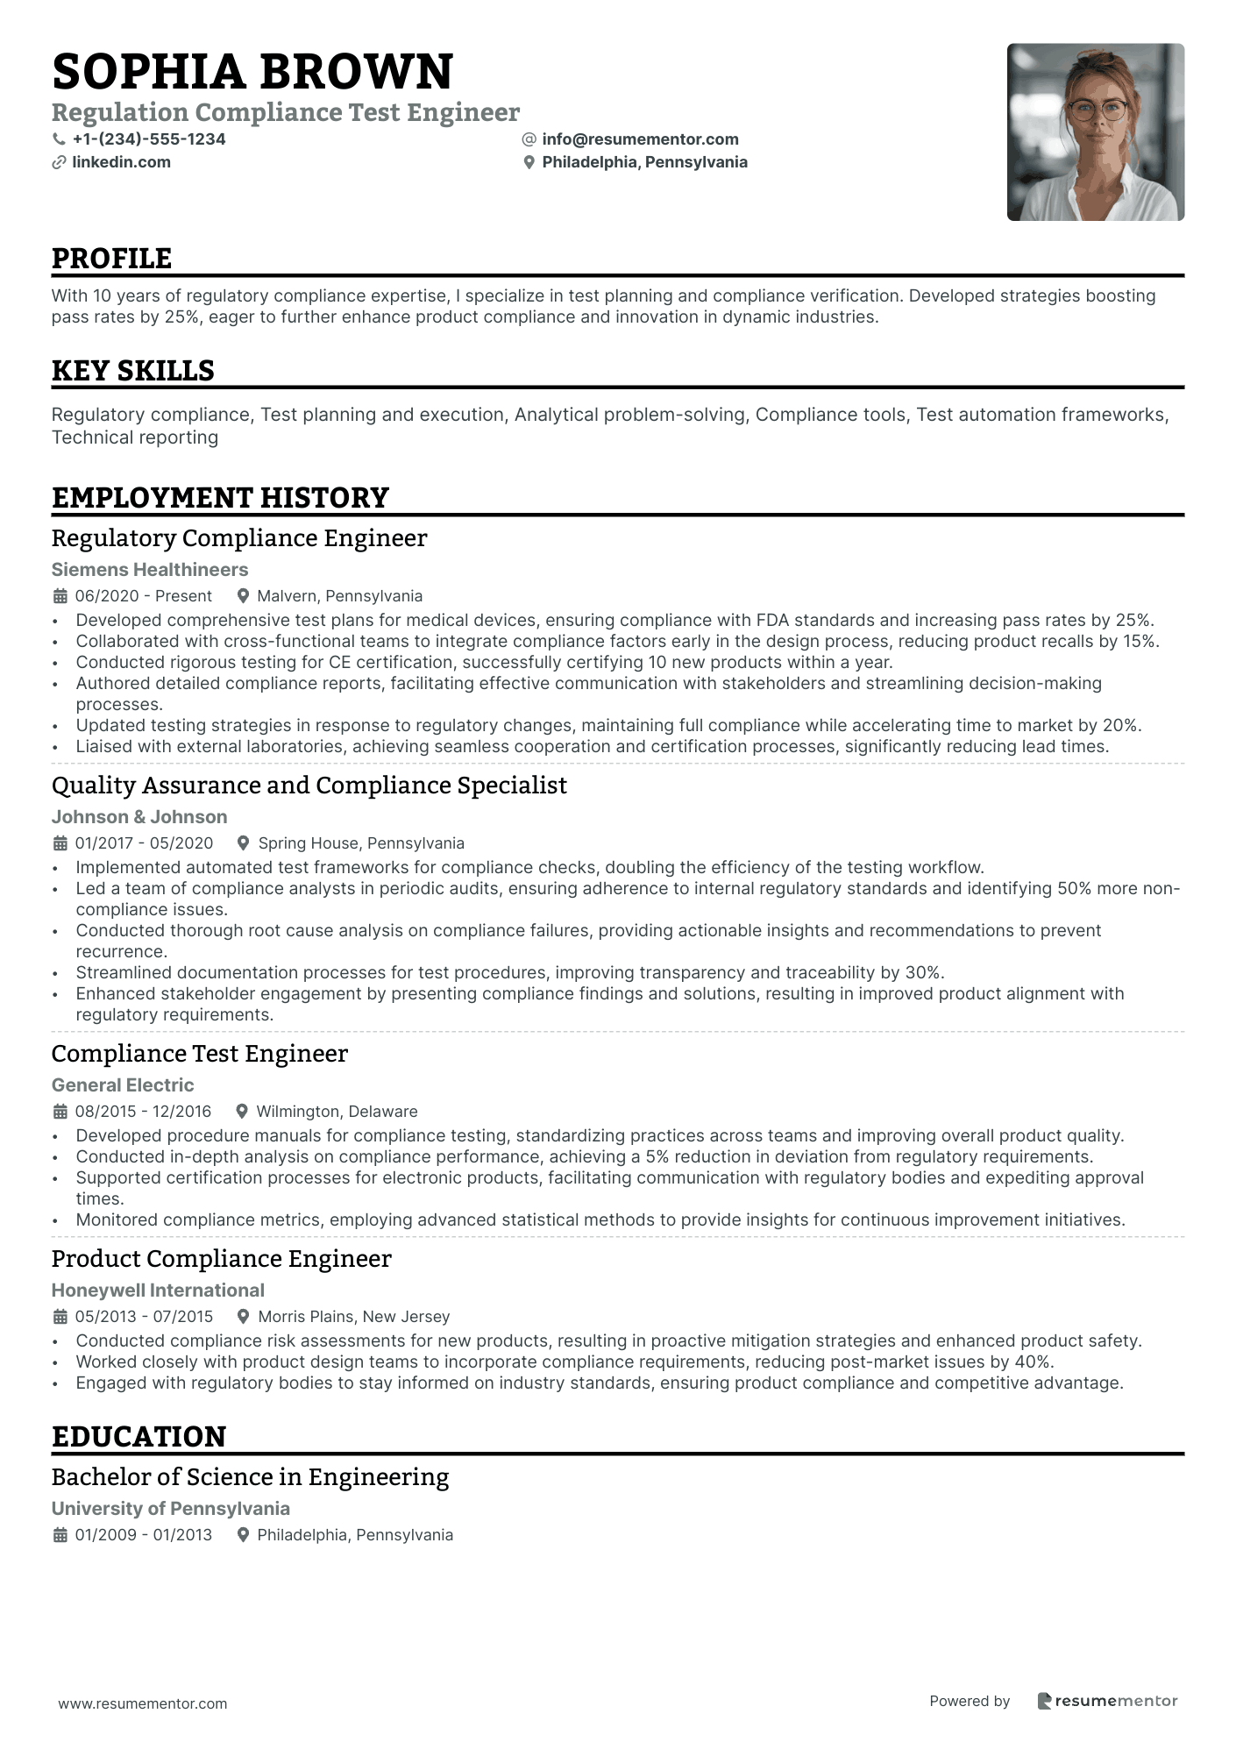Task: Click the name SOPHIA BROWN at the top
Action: (252, 72)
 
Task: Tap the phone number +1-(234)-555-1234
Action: (149, 139)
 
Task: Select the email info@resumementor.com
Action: (640, 139)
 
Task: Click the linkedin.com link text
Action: (121, 162)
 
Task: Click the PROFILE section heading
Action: (111, 259)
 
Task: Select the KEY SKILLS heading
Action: (133, 371)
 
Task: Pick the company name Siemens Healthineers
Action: (150, 570)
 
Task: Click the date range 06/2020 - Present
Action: (144, 596)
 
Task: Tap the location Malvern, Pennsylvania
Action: (339, 596)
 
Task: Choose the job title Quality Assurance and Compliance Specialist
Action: (309, 786)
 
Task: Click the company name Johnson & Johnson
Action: (139, 817)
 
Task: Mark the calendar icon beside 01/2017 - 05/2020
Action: (60, 843)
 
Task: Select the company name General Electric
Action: (123, 1085)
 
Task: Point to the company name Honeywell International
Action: (158, 1290)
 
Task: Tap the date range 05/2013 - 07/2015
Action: (144, 1317)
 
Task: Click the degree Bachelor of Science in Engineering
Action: (250, 1477)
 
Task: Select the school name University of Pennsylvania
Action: (171, 1509)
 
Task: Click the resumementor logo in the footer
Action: (1107, 1701)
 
